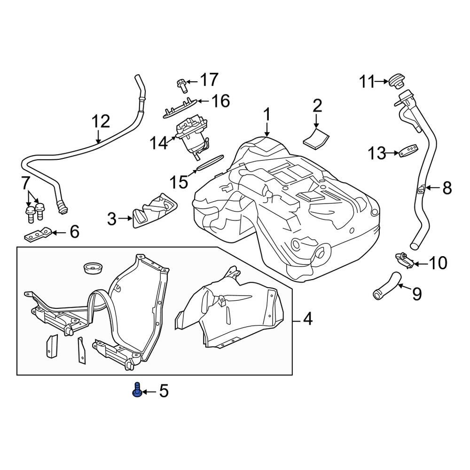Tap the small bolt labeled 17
[x=181, y=85]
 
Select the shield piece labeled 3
[x=153, y=211]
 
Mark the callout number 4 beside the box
[x=307, y=320]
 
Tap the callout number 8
[x=447, y=188]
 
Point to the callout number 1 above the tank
[x=267, y=114]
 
